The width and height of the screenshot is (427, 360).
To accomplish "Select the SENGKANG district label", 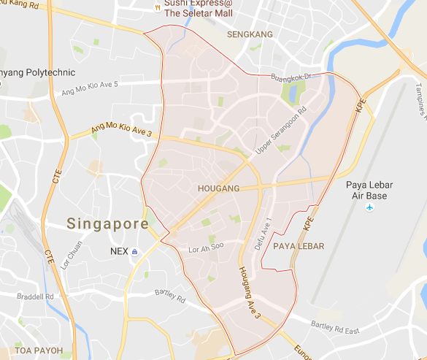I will (x=249, y=34).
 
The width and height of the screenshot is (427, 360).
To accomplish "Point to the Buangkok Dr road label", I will (x=291, y=75).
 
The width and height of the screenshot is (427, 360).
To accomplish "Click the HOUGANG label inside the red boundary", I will (x=218, y=188).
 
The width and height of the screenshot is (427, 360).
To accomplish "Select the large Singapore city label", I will (x=108, y=223).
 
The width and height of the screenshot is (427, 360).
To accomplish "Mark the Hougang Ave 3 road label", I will (x=248, y=291).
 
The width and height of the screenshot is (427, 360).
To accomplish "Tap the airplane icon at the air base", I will (x=370, y=209).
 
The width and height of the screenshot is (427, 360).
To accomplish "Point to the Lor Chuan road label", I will (x=72, y=261).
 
